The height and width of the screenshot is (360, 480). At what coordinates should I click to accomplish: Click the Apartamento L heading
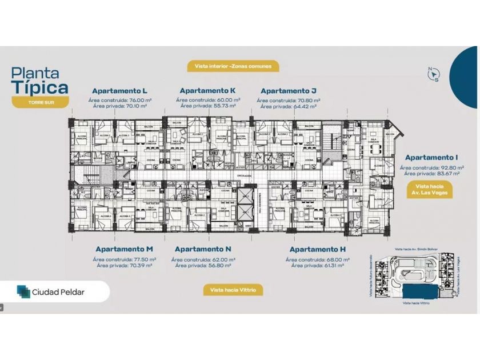[121, 91]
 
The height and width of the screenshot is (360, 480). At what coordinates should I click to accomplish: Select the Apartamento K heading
[207, 90]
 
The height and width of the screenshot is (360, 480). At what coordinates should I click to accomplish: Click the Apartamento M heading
[124, 249]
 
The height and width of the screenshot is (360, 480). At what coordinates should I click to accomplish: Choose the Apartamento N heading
[203, 249]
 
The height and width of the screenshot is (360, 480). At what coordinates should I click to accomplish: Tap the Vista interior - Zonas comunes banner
[233, 66]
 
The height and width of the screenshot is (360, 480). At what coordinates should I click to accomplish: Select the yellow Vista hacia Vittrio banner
[233, 290]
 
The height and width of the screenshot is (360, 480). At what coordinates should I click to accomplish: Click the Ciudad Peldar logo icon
[23, 291]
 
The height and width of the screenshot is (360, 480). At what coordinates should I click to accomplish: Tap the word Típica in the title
[41, 87]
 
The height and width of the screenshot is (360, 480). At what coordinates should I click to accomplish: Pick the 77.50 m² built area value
[140, 259]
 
